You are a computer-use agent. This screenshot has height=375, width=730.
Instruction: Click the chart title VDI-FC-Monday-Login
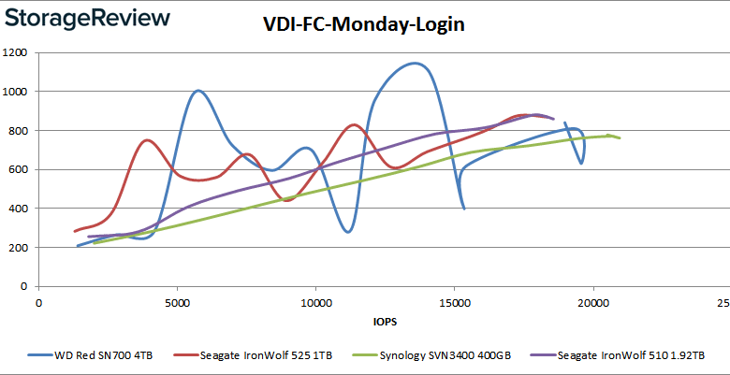(364, 25)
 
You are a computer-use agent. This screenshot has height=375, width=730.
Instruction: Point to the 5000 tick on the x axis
(177, 304)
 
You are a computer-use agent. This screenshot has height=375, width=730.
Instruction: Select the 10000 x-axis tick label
(315, 304)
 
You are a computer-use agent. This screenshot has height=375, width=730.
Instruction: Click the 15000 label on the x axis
(454, 304)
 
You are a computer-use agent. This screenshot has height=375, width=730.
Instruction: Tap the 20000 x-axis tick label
(592, 304)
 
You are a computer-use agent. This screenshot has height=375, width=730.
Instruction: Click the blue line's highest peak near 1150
(414, 63)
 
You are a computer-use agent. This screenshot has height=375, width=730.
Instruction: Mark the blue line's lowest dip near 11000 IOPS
(347, 232)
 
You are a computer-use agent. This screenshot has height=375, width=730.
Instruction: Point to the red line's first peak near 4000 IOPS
(148, 140)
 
